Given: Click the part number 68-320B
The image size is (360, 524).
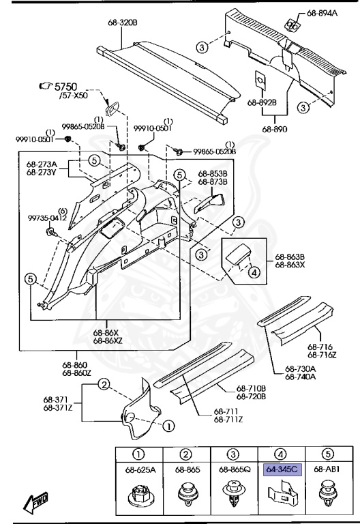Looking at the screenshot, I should (x=122, y=23).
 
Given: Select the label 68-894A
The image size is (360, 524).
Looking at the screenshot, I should (x=322, y=13).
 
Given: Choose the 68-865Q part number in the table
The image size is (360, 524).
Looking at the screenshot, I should (x=234, y=470).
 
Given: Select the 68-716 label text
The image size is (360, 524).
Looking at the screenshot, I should (x=320, y=346).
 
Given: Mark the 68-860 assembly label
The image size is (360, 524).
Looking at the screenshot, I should (x=76, y=365).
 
